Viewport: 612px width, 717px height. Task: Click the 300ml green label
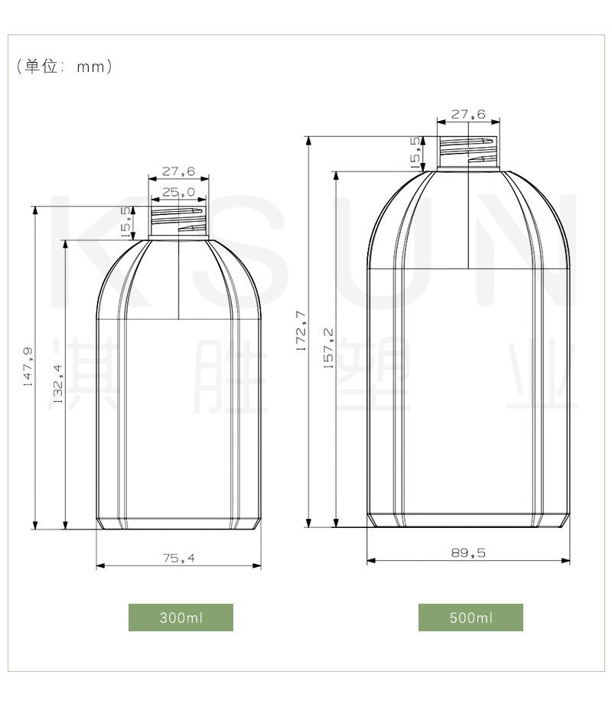tap(181, 618)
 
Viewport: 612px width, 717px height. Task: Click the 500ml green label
tap(470, 618)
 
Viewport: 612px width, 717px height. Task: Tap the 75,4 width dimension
tap(178, 559)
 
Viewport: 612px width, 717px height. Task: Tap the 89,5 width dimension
tap(468, 553)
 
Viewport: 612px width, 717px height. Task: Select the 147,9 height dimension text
tap(28, 367)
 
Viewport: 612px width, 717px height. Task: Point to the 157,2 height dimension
tap(329, 349)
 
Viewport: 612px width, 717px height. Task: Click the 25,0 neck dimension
tap(177, 192)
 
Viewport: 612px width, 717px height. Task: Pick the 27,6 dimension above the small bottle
tap(177, 171)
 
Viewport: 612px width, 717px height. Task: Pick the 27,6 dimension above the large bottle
tap(467, 115)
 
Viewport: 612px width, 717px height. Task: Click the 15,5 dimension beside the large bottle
tap(415, 152)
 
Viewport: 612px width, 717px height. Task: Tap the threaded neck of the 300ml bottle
tap(178, 223)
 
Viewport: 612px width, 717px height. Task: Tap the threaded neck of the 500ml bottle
tap(467, 152)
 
